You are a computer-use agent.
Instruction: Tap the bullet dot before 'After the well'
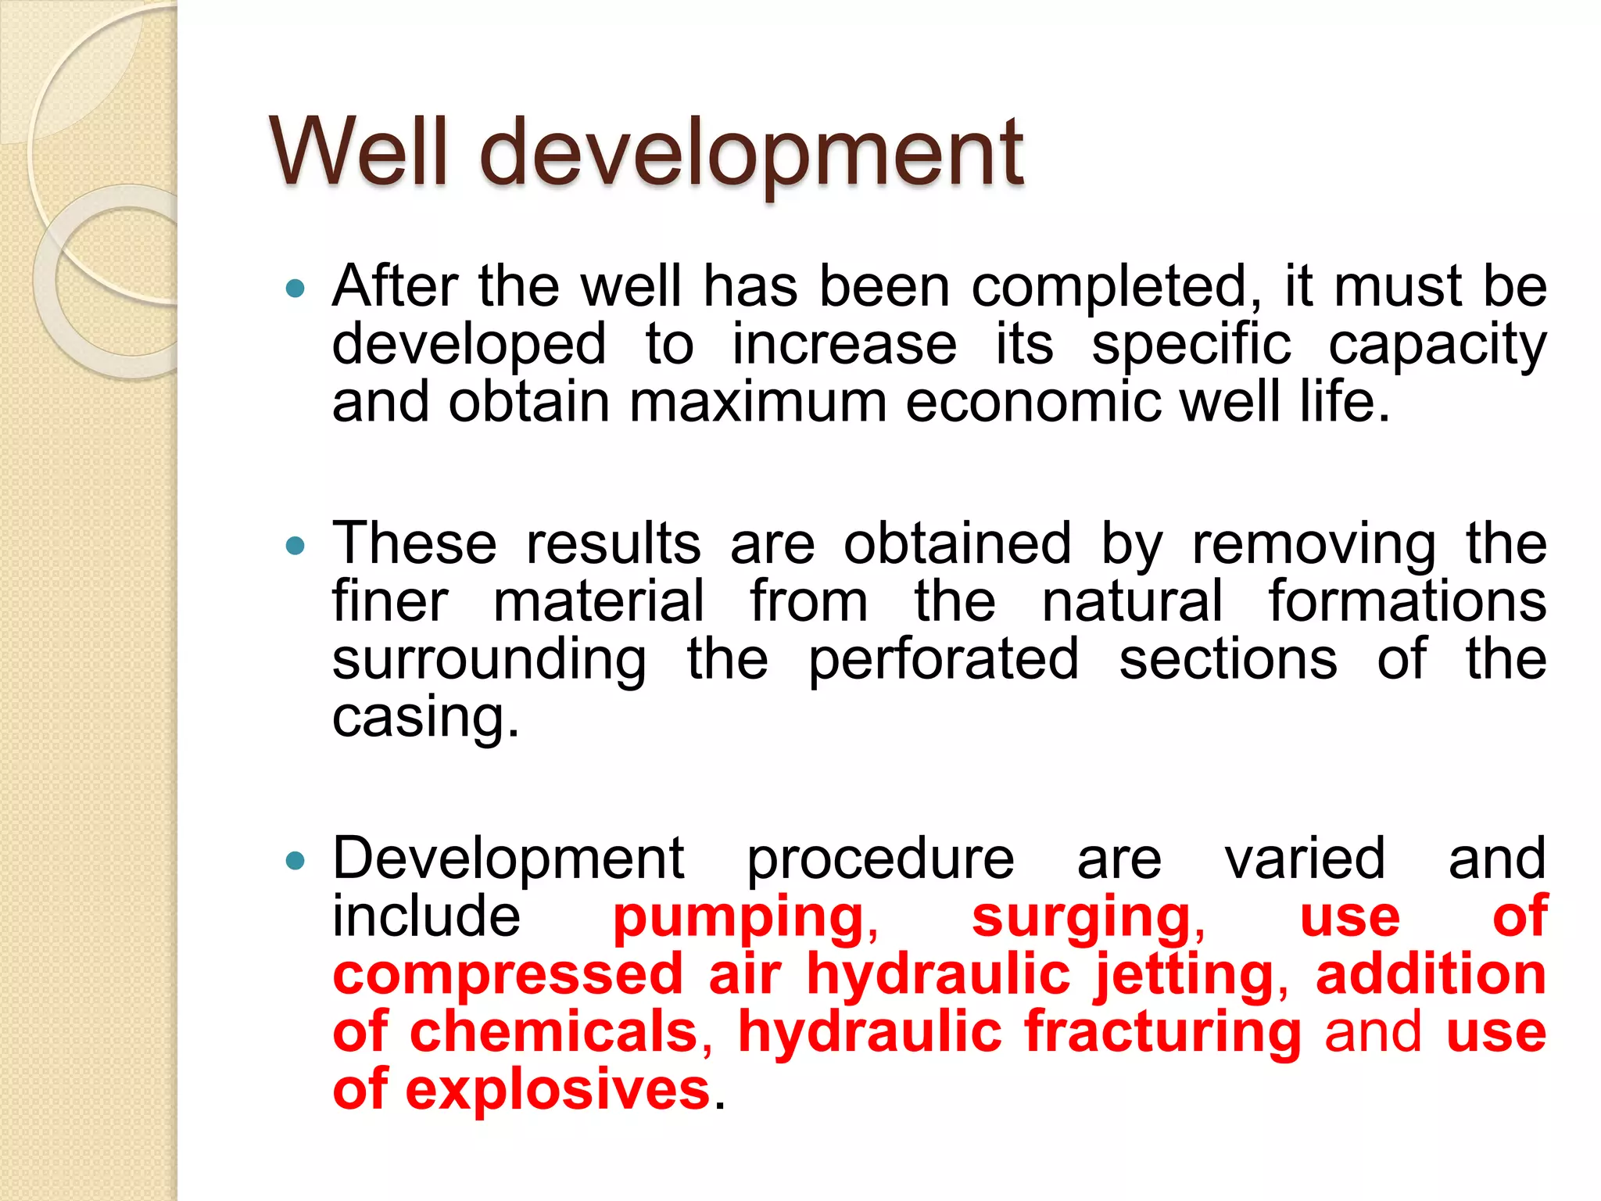click(x=295, y=289)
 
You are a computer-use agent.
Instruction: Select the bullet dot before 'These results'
click(x=295, y=545)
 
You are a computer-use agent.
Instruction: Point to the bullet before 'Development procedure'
click(x=295, y=861)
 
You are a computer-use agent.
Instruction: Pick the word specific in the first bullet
click(x=1191, y=346)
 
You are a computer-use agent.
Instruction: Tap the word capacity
click(x=1437, y=346)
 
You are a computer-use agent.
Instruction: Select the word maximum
click(x=758, y=402)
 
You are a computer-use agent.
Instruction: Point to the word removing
click(x=1313, y=545)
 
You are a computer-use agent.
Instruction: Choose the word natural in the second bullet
click(x=1132, y=601)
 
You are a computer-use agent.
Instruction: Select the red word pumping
click(x=739, y=919)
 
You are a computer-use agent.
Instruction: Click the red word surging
click(x=1082, y=919)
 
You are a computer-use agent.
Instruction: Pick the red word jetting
click(x=1184, y=977)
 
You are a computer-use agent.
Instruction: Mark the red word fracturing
click(x=1162, y=1033)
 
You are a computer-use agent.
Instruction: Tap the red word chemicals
click(x=553, y=1033)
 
